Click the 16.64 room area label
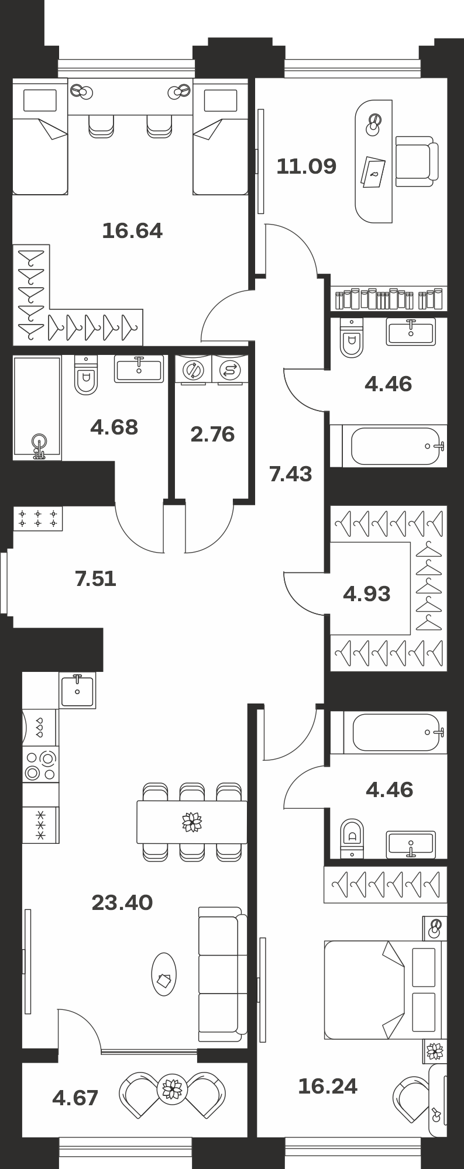pyautogui.click(x=132, y=231)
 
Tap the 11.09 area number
pyautogui.click(x=307, y=167)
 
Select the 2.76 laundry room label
pyautogui.click(x=212, y=435)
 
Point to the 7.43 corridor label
pyautogui.click(x=290, y=474)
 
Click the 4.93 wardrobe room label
pyautogui.click(x=367, y=594)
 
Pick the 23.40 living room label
pyautogui.click(x=122, y=903)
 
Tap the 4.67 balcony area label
pyautogui.click(x=75, y=1098)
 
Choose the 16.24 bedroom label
pyautogui.click(x=328, y=1087)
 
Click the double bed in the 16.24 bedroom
pyautogui.click(x=382, y=989)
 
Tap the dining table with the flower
pyautogui.click(x=192, y=822)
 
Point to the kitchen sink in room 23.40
pyautogui.click(x=77, y=690)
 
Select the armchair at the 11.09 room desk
pyautogui.click(x=416, y=161)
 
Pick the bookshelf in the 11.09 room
pyautogui.click(x=389, y=299)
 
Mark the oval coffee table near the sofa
pyautogui.click(x=164, y=974)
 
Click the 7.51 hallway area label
pyautogui.click(x=96, y=579)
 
